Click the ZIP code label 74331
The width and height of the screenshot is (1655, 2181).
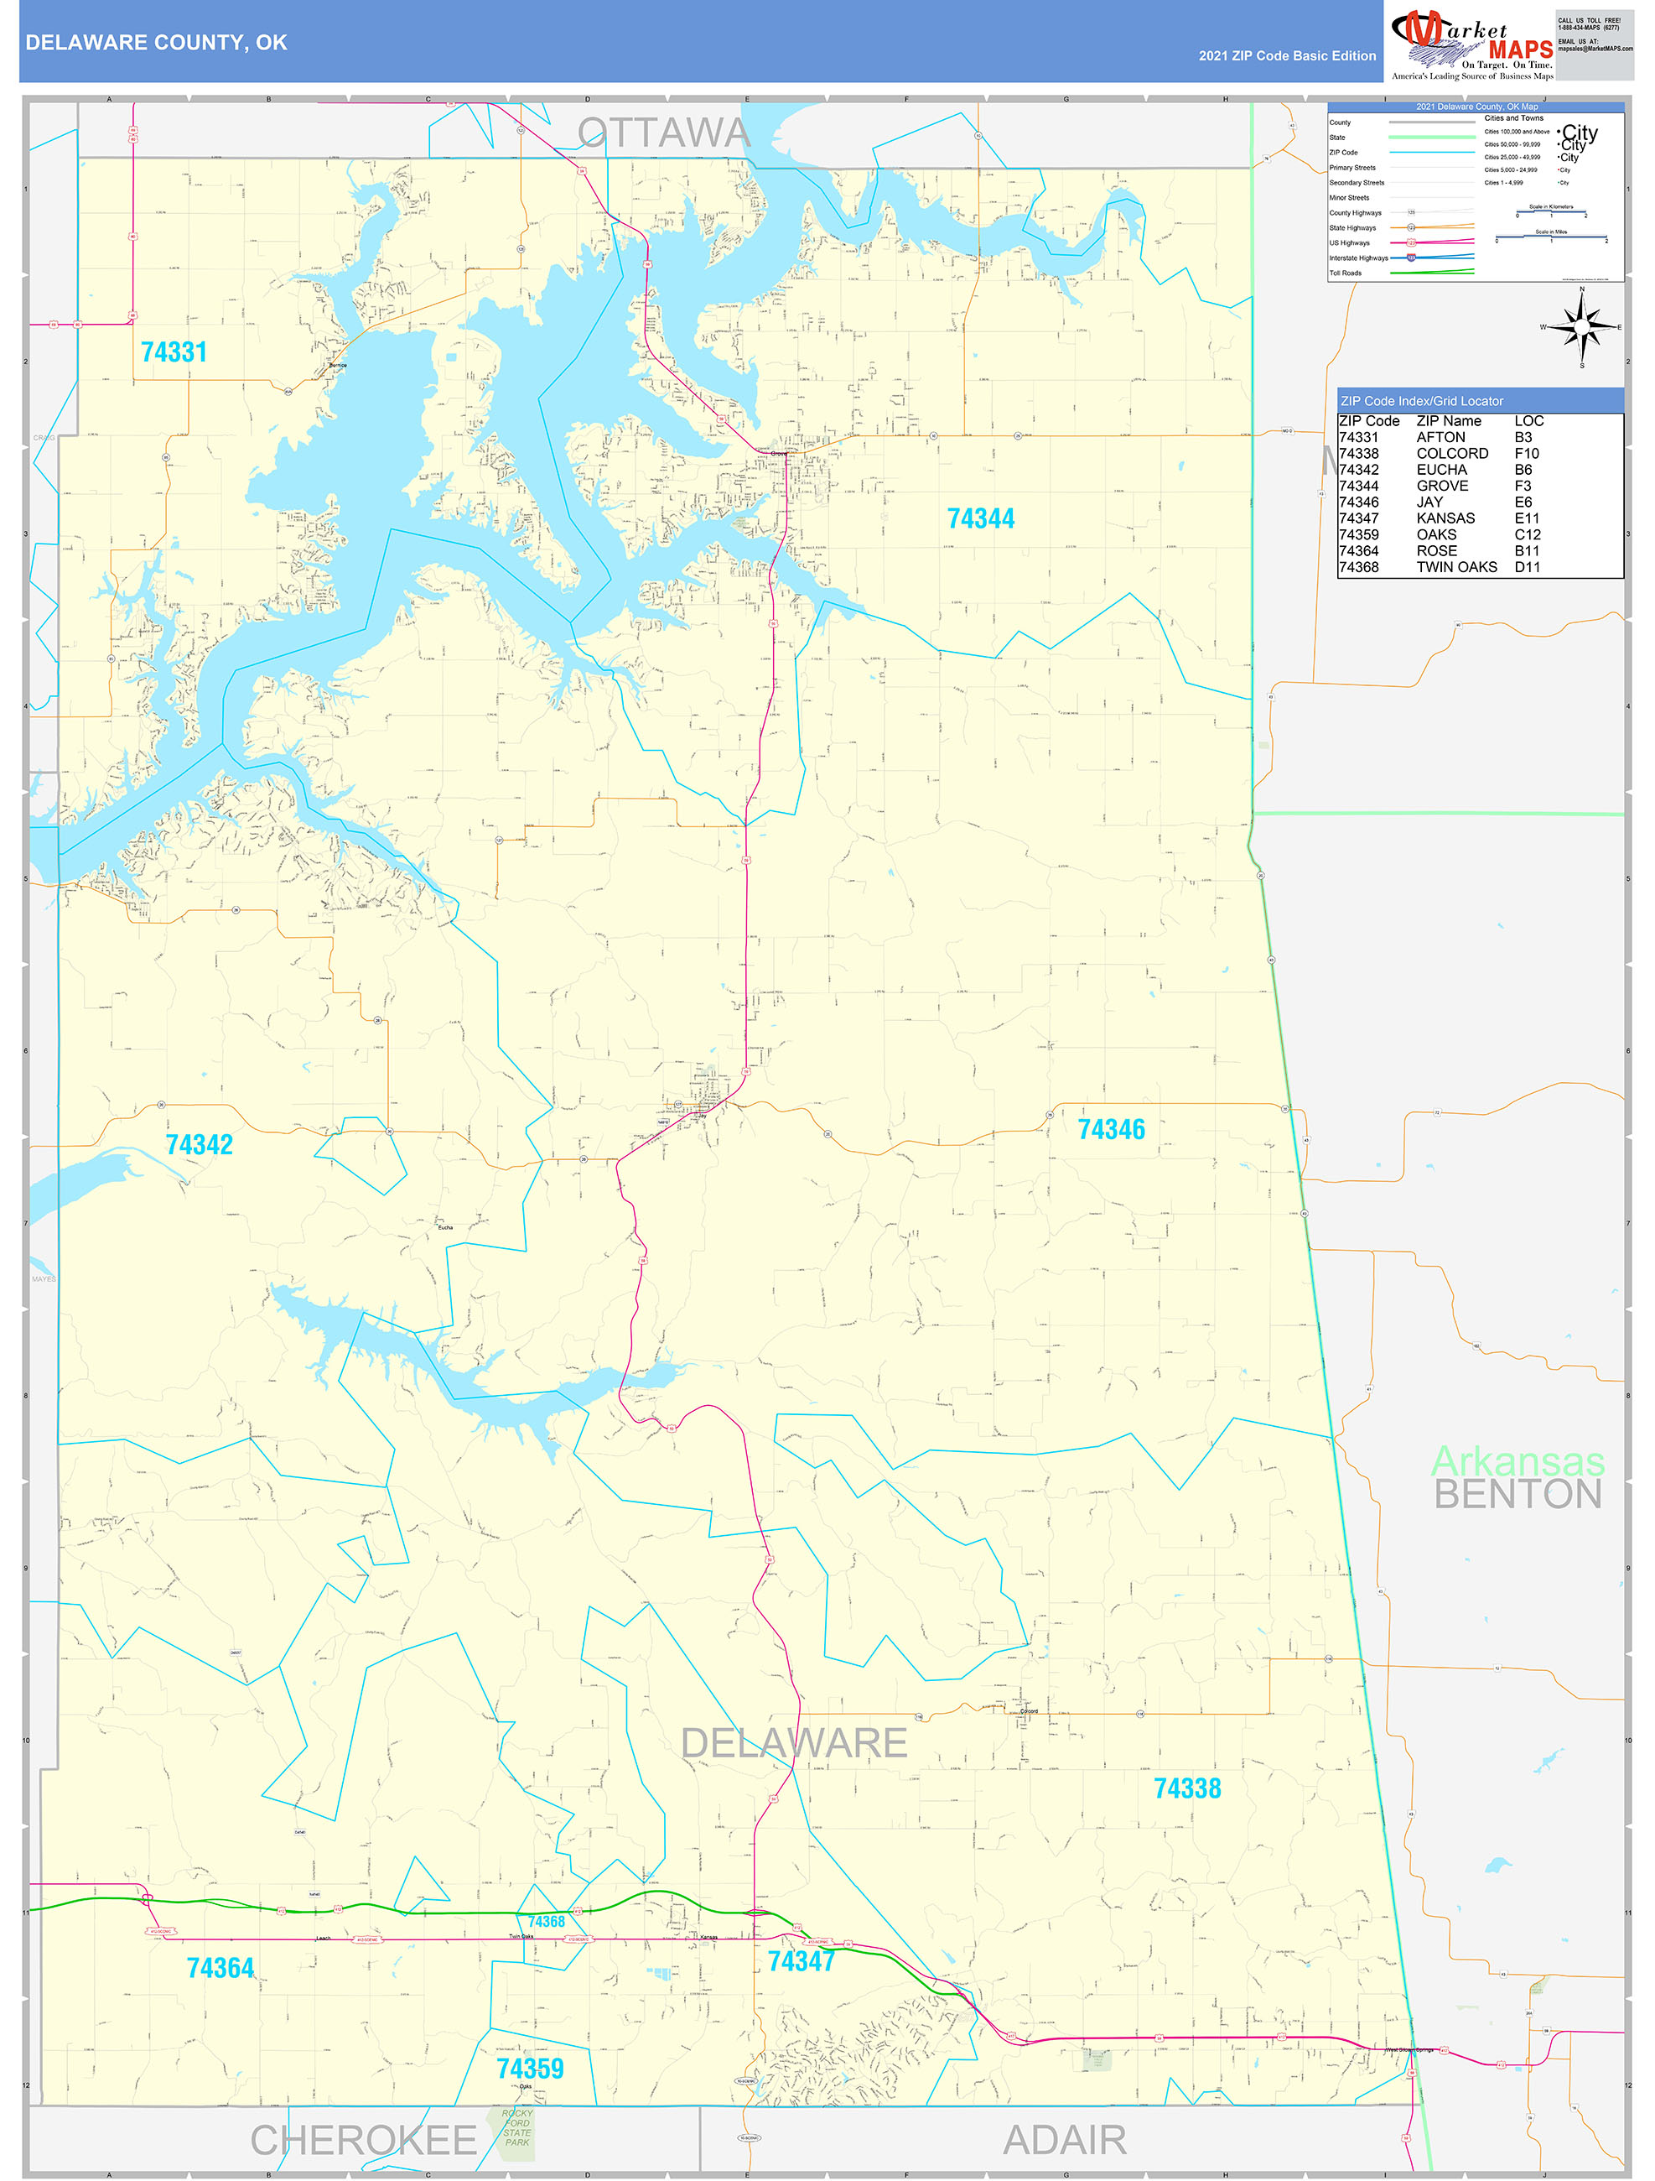(x=174, y=352)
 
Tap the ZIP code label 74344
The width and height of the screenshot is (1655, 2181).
(x=980, y=518)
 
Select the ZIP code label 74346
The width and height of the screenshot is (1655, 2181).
(x=1111, y=1129)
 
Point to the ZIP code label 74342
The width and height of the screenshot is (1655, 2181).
(x=199, y=1145)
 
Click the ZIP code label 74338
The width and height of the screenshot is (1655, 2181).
(x=1187, y=1788)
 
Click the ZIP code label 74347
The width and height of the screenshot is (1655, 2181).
(x=801, y=1961)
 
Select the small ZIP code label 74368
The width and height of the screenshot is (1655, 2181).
(x=546, y=1921)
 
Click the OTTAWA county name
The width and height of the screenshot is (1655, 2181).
(x=663, y=133)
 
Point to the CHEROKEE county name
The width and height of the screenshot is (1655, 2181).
(x=363, y=2141)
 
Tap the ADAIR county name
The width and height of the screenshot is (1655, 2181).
(x=1065, y=2141)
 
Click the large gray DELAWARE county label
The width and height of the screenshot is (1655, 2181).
(x=793, y=1743)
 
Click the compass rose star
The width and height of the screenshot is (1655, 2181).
(x=1582, y=326)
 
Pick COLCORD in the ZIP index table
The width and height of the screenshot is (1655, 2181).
(x=1452, y=454)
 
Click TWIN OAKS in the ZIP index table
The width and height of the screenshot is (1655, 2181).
(x=1456, y=567)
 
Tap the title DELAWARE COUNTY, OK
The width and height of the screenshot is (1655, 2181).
(x=156, y=43)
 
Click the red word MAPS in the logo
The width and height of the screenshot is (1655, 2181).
(x=1520, y=49)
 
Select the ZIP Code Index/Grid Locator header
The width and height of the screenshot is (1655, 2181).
(x=1421, y=401)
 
